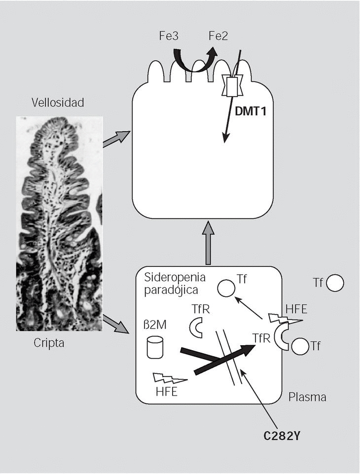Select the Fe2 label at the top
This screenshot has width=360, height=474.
coord(217,37)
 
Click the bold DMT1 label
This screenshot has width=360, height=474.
coord(251,112)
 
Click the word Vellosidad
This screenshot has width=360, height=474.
coord(58,103)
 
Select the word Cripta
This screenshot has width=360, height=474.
coord(50,343)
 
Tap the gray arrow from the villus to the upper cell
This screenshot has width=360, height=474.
coord(116,139)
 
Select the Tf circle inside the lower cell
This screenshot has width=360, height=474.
coord(227,288)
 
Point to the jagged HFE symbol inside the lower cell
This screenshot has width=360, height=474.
coord(170,379)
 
